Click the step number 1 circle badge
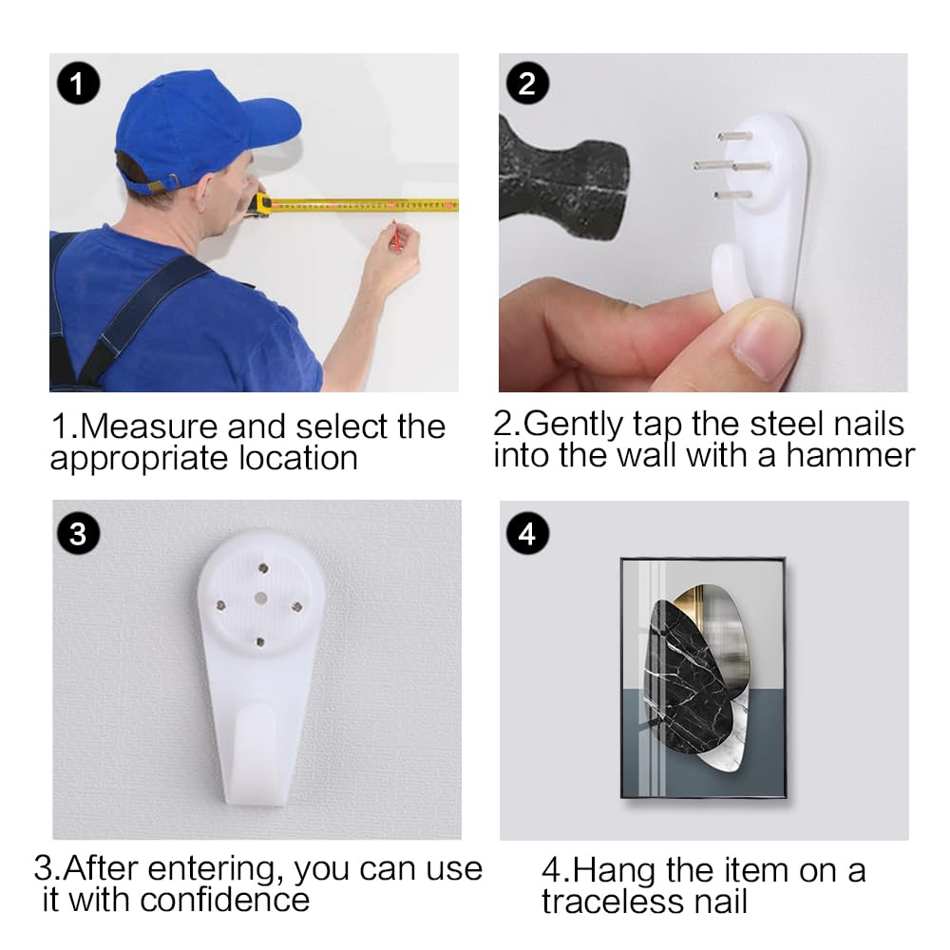pos(78,83)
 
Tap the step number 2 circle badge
pos(527,83)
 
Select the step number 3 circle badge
pos(78,534)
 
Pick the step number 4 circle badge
pos(527,534)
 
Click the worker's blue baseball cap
pos(199,127)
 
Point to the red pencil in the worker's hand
pos(395,237)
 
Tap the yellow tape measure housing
pos(261,204)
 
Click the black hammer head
pos(563,177)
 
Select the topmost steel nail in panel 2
pos(734,136)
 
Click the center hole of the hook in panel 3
pos(260,598)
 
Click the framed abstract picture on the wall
pos(703,678)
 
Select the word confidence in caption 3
pos(225,900)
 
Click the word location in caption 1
pos(298,458)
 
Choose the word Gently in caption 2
pos(573,425)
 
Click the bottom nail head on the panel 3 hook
pos(260,641)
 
